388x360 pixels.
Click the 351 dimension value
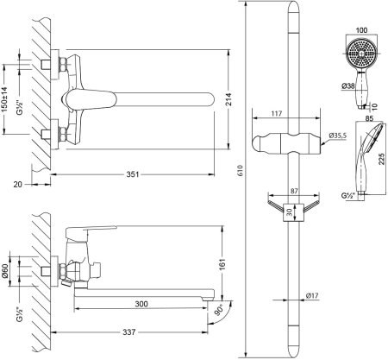(x=133, y=174)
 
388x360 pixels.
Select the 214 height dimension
(x=228, y=99)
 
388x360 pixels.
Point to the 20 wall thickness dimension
(x=17, y=184)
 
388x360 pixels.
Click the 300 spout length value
(x=141, y=304)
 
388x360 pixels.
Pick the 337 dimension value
(x=129, y=332)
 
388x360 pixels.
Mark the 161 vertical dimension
(x=223, y=264)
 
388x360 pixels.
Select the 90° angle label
(x=220, y=310)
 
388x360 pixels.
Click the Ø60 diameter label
(x=5, y=272)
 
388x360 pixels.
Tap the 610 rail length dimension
(x=241, y=170)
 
